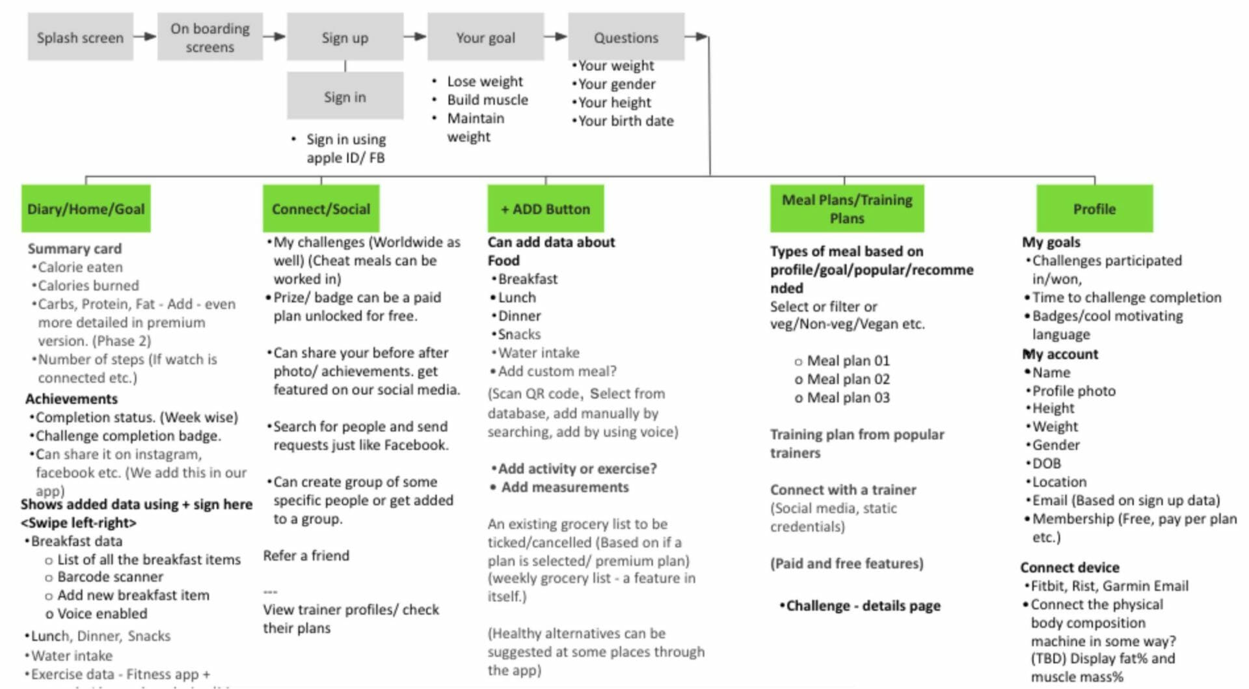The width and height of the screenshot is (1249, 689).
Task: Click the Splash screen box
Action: point(80,37)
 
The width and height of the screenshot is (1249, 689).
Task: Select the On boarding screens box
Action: point(209,37)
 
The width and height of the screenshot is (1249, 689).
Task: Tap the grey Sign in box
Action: point(345,96)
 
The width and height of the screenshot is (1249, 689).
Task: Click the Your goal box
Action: point(485,37)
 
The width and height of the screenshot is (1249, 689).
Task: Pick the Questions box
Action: point(626,37)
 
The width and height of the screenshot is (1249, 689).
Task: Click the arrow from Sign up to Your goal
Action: point(415,36)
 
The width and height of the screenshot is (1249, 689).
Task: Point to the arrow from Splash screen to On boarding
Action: point(145,36)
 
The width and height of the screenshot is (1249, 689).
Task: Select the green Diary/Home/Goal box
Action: point(86,209)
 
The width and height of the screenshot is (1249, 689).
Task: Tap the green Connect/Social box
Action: point(321,209)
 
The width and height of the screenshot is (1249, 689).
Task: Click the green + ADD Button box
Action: point(545,209)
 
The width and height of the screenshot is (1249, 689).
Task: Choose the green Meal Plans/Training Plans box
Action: point(846,209)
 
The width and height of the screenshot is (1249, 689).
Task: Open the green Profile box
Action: point(1094,209)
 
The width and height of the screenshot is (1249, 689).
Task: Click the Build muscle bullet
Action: point(487,100)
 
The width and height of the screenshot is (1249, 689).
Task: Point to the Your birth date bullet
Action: point(625,120)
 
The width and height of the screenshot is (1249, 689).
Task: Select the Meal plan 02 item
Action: point(848,379)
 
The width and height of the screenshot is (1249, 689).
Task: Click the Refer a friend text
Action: point(306,555)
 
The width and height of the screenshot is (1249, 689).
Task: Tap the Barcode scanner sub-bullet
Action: point(110,576)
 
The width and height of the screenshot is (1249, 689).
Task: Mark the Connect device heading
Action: point(1069,567)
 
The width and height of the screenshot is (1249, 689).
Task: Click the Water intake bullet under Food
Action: point(538,352)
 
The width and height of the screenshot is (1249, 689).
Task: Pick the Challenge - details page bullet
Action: point(863,605)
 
